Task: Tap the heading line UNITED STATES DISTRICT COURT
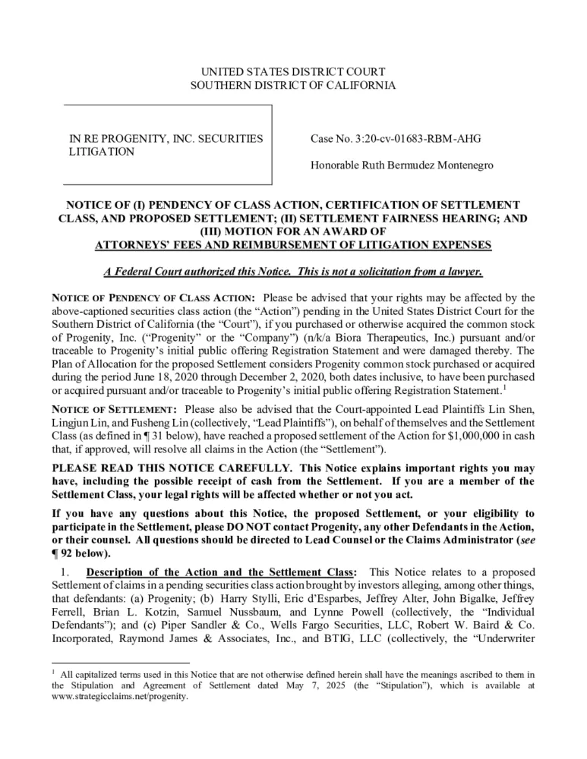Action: tap(292, 71)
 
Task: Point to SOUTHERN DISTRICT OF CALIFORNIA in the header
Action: tap(292, 85)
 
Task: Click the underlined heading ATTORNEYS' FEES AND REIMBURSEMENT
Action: tap(292, 245)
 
